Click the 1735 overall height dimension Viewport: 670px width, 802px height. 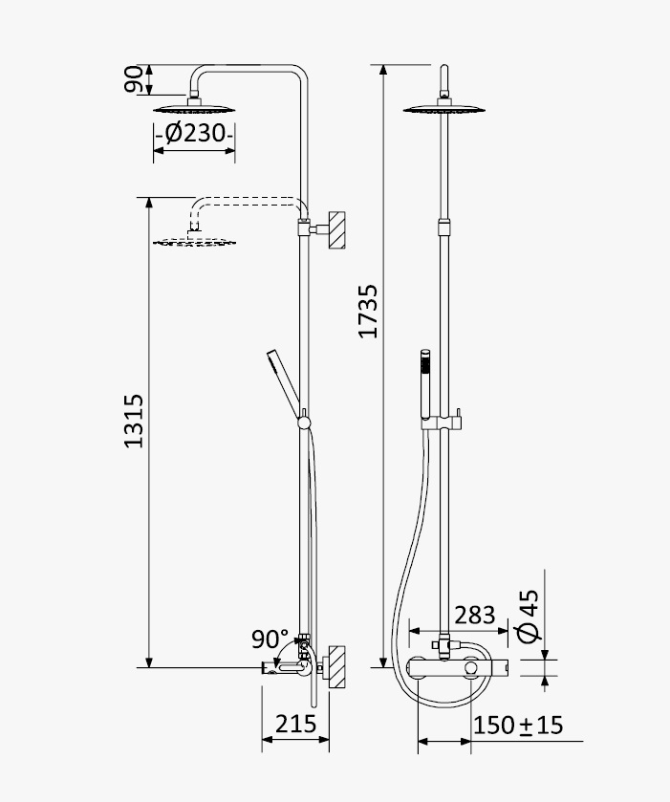coord(368,312)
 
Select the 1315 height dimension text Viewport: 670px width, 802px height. coord(134,421)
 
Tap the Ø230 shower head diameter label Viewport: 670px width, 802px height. coord(195,134)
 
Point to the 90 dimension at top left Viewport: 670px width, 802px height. coord(134,79)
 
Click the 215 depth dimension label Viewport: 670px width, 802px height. coord(296,725)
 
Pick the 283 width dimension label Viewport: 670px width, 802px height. coord(475,616)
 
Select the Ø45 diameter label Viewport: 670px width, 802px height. coord(529,617)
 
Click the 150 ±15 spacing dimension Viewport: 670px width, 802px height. coord(518,726)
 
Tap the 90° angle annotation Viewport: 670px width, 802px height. coord(270,639)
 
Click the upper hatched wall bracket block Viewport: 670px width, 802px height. coord(336,229)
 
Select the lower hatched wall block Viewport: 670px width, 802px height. coord(336,665)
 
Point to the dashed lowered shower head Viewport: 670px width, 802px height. coord(194,241)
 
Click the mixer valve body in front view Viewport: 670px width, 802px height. coord(458,667)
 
